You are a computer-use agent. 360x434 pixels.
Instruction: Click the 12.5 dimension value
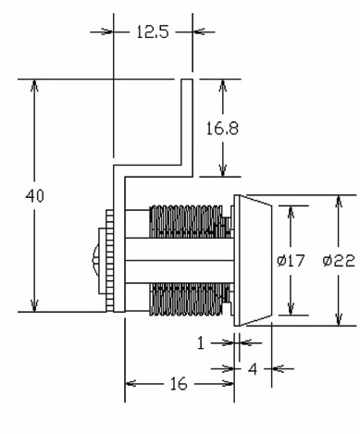[151, 31]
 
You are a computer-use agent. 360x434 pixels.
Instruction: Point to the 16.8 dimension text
[222, 129]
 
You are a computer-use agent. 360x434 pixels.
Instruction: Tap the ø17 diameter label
[291, 261]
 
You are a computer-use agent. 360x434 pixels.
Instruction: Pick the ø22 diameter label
[339, 261]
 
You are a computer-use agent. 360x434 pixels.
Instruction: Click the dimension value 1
[201, 341]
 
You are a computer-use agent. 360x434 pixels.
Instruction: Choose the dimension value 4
[251, 367]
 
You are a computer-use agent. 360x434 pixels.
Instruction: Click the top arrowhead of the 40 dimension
[35, 86]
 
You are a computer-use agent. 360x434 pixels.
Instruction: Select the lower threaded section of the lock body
[186, 296]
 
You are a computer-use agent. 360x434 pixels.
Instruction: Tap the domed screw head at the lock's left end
[96, 260]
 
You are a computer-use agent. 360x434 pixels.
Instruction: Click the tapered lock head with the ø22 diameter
[254, 260]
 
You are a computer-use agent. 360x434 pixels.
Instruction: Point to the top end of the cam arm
[186, 83]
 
